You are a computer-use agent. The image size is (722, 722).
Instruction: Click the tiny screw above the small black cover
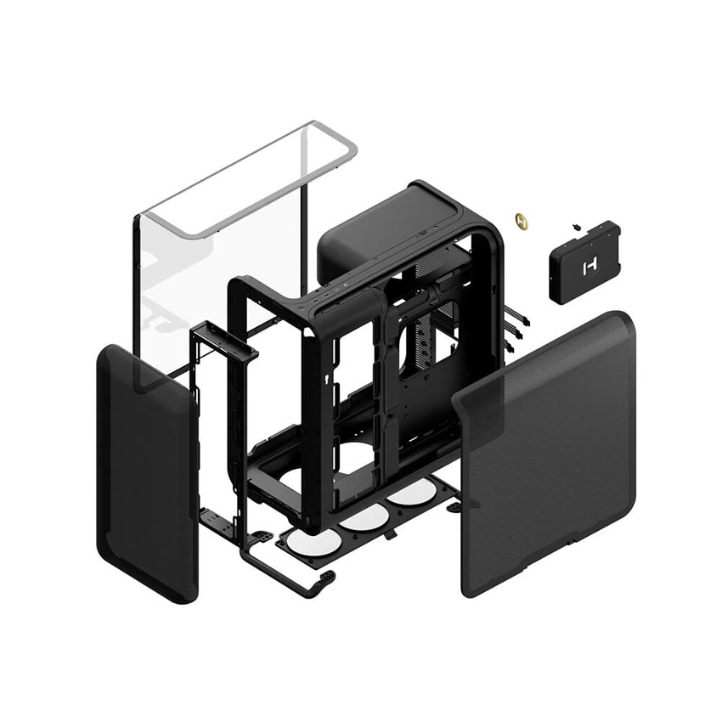coord(577,227)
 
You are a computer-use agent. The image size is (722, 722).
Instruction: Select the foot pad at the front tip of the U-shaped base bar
coord(324,578)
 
